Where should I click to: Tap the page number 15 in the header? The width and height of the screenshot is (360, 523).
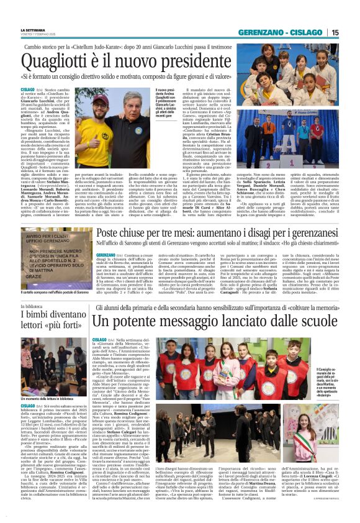(335, 32)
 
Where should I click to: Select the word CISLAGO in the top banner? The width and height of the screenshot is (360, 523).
(308, 32)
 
